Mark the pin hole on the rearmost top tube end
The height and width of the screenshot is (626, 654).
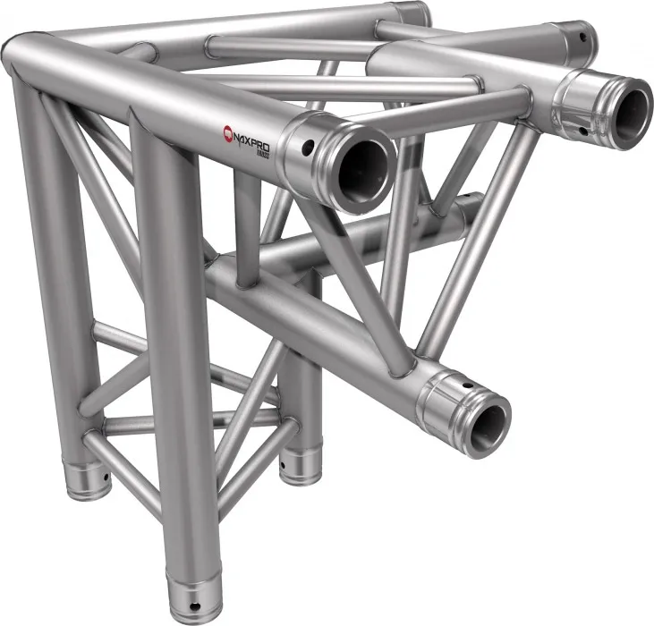click(583, 38)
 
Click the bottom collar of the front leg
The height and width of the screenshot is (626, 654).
click(196, 594)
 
